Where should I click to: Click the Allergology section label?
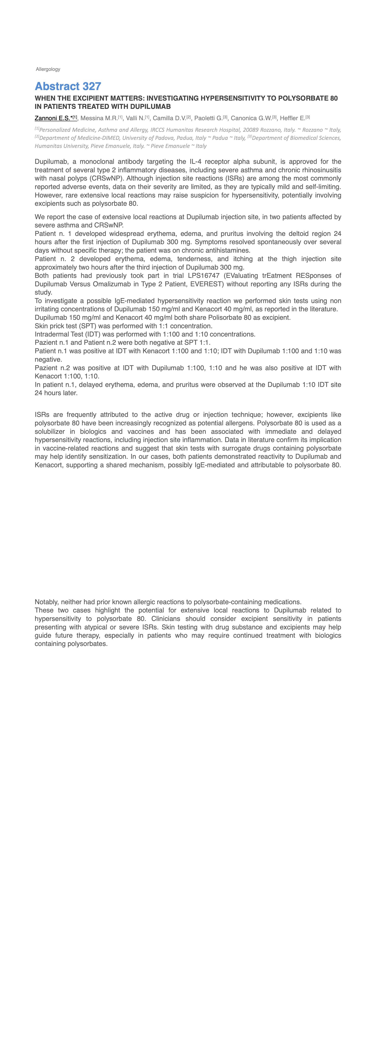pos(48,69)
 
